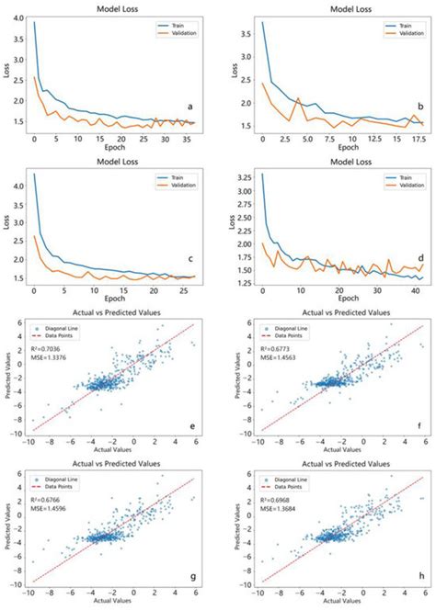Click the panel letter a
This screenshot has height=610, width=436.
[190, 107]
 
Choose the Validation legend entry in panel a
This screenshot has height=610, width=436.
[178, 34]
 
